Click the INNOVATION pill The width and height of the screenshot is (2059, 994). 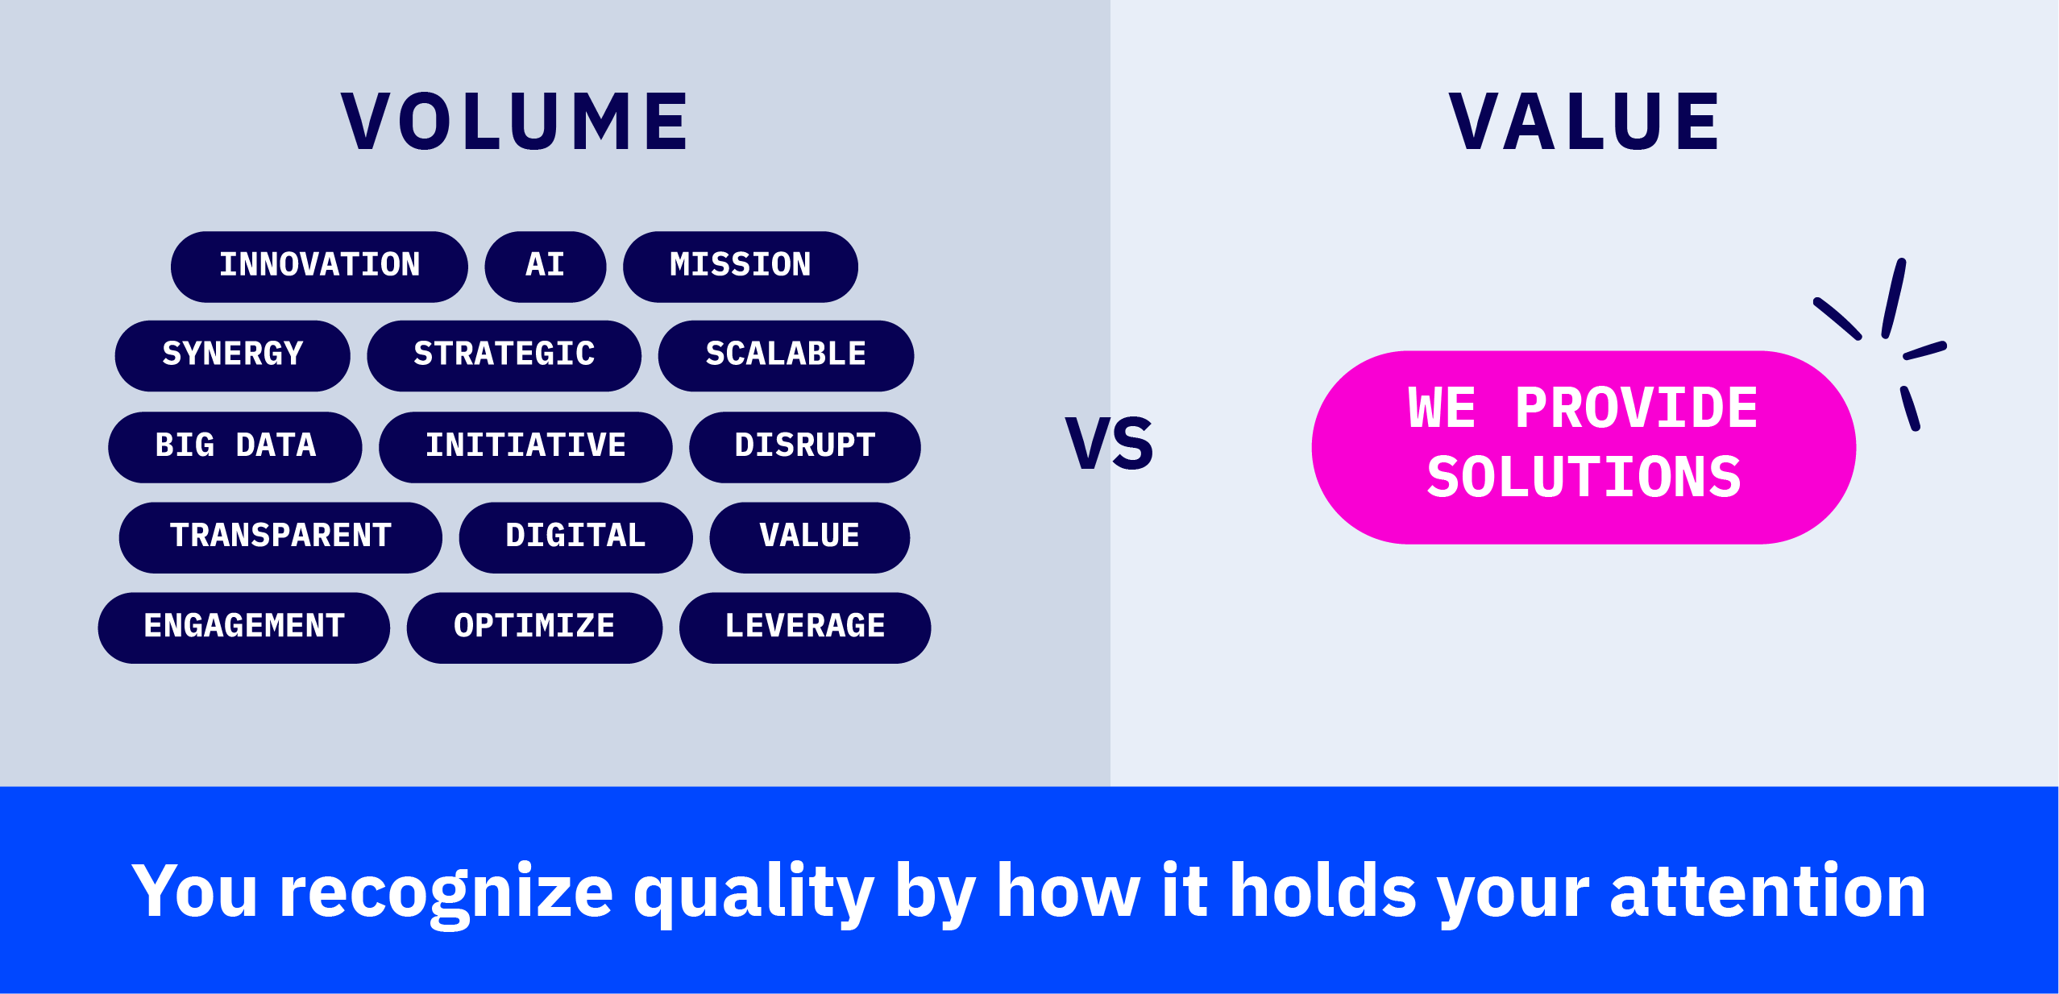pyautogui.click(x=319, y=267)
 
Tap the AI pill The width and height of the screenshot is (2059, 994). pyautogui.click(x=546, y=267)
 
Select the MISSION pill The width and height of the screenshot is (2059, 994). pyautogui.click(x=741, y=267)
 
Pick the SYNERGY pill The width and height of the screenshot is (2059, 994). pyautogui.click(x=233, y=356)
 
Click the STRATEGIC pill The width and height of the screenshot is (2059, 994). pyautogui.click(x=504, y=356)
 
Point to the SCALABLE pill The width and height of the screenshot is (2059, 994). pyautogui.click(x=787, y=356)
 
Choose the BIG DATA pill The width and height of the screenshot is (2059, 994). pyautogui.click(x=235, y=447)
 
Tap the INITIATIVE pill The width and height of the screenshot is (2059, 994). pyautogui.click(x=525, y=447)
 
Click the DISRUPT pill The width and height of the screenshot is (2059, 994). pyautogui.click(x=805, y=447)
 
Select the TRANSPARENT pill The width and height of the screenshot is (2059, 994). pyautogui.click(x=280, y=537)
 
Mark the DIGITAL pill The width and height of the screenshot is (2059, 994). pyautogui.click(x=576, y=537)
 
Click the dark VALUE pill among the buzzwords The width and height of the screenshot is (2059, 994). pyautogui.click(x=810, y=537)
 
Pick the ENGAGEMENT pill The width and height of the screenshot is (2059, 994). pyautogui.click(x=244, y=627)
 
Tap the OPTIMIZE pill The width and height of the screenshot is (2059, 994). pyautogui.click(x=535, y=627)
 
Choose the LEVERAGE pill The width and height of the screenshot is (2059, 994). pyautogui.click(x=805, y=627)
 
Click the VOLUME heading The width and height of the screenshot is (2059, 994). pyautogui.click(x=516, y=122)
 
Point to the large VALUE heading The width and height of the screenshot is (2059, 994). pyautogui.click(x=1584, y=122)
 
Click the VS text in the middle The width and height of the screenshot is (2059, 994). pyautogui.click(x=1110, y=443)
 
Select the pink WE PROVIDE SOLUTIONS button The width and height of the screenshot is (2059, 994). pyautogui.click(x=1584, y=447)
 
